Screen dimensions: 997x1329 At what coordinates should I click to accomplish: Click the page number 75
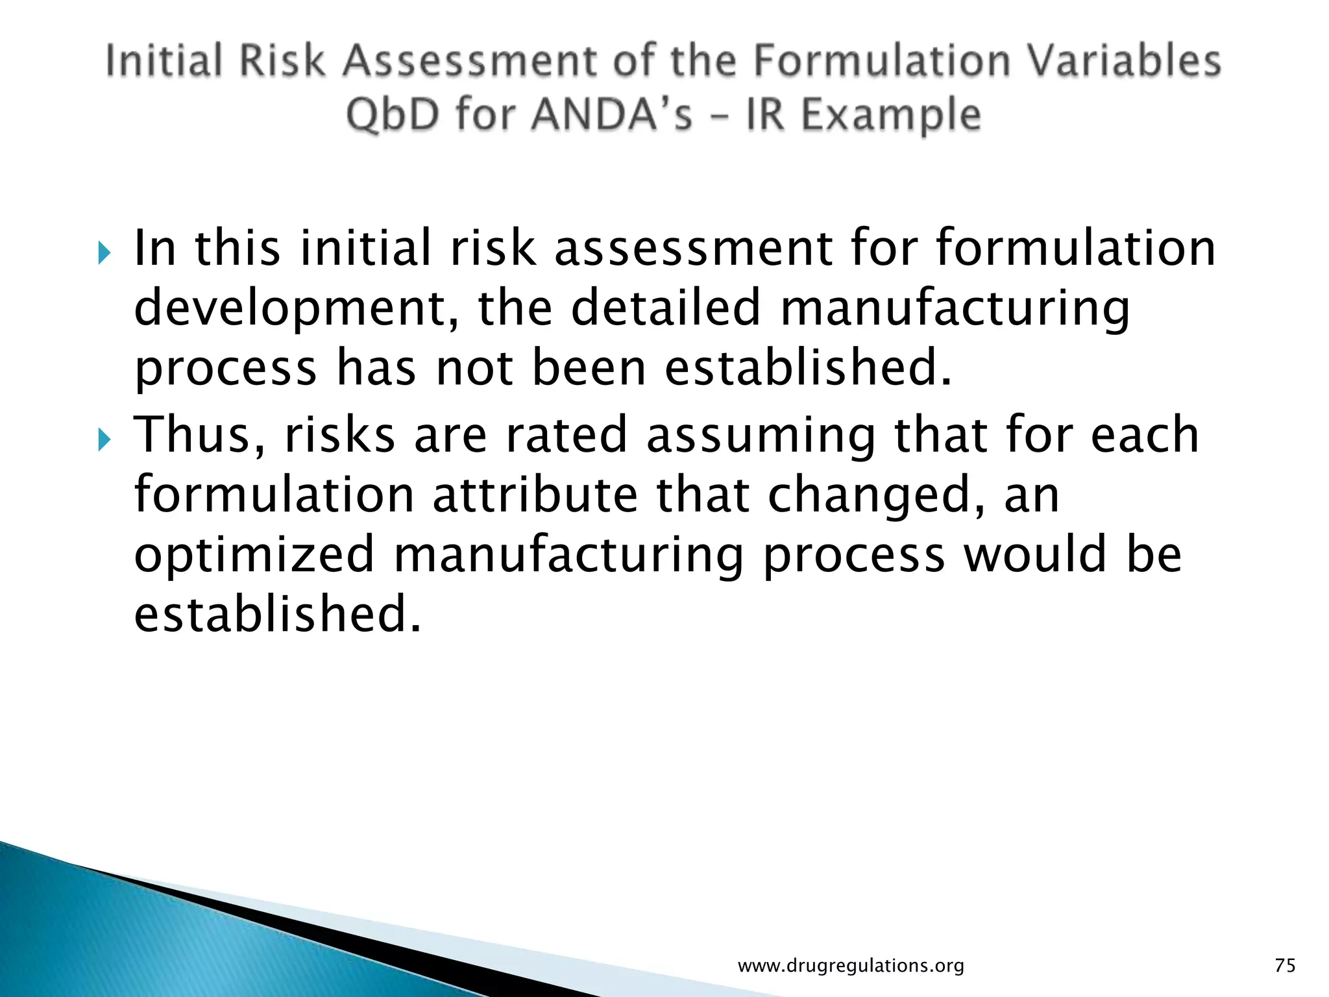pos(1285,965)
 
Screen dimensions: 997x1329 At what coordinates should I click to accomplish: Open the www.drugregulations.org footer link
pos(851,966)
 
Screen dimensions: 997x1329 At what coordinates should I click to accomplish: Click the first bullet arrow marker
pos(104,252)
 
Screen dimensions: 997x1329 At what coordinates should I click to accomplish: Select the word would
pos(1036,554)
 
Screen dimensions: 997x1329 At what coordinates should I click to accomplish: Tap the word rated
pos(566,435)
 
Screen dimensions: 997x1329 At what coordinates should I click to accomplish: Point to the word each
pos(1145,435)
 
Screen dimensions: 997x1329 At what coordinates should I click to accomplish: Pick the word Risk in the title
pos(282,61)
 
